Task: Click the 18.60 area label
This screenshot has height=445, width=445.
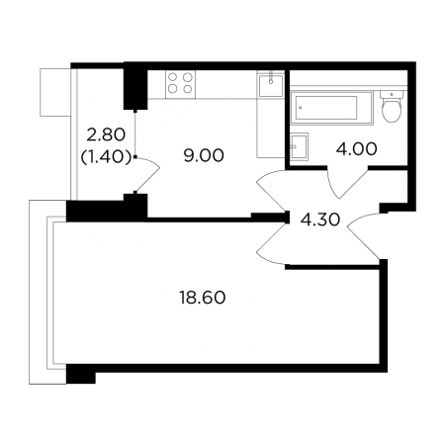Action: click(203, 298)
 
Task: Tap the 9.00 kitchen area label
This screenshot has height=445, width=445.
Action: click(204, 155)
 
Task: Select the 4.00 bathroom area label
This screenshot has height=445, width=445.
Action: click(356, 149)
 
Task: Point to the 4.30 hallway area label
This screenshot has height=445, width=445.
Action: click(319, 220)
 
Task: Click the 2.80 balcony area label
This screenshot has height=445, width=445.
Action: click(106, 134)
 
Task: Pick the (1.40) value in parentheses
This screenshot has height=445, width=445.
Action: click(106, 157)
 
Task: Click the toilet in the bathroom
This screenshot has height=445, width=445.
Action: click(392, 107)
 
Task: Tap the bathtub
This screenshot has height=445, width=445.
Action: click(331, 108)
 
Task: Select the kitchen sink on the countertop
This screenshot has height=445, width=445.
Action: click(271, 85)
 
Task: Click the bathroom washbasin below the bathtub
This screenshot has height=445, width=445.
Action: click(299, 146)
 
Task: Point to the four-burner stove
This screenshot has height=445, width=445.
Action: click(180, 84)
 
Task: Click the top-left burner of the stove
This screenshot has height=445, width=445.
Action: click(173, 77)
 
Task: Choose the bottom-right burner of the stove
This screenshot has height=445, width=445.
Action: click(188, 89)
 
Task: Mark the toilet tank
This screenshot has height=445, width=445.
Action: click(392, 94)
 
